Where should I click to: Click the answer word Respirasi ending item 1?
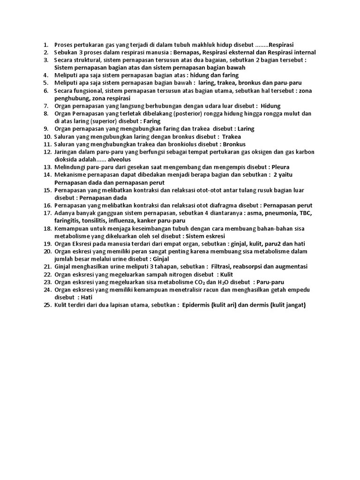tap(285, 45)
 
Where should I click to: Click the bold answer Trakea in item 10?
tap(231, 136)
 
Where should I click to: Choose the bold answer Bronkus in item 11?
tap(234, 144)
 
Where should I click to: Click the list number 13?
tap(47, 167)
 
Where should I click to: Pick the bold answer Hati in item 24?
tap(86, 297)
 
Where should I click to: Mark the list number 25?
tap(47, 305)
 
